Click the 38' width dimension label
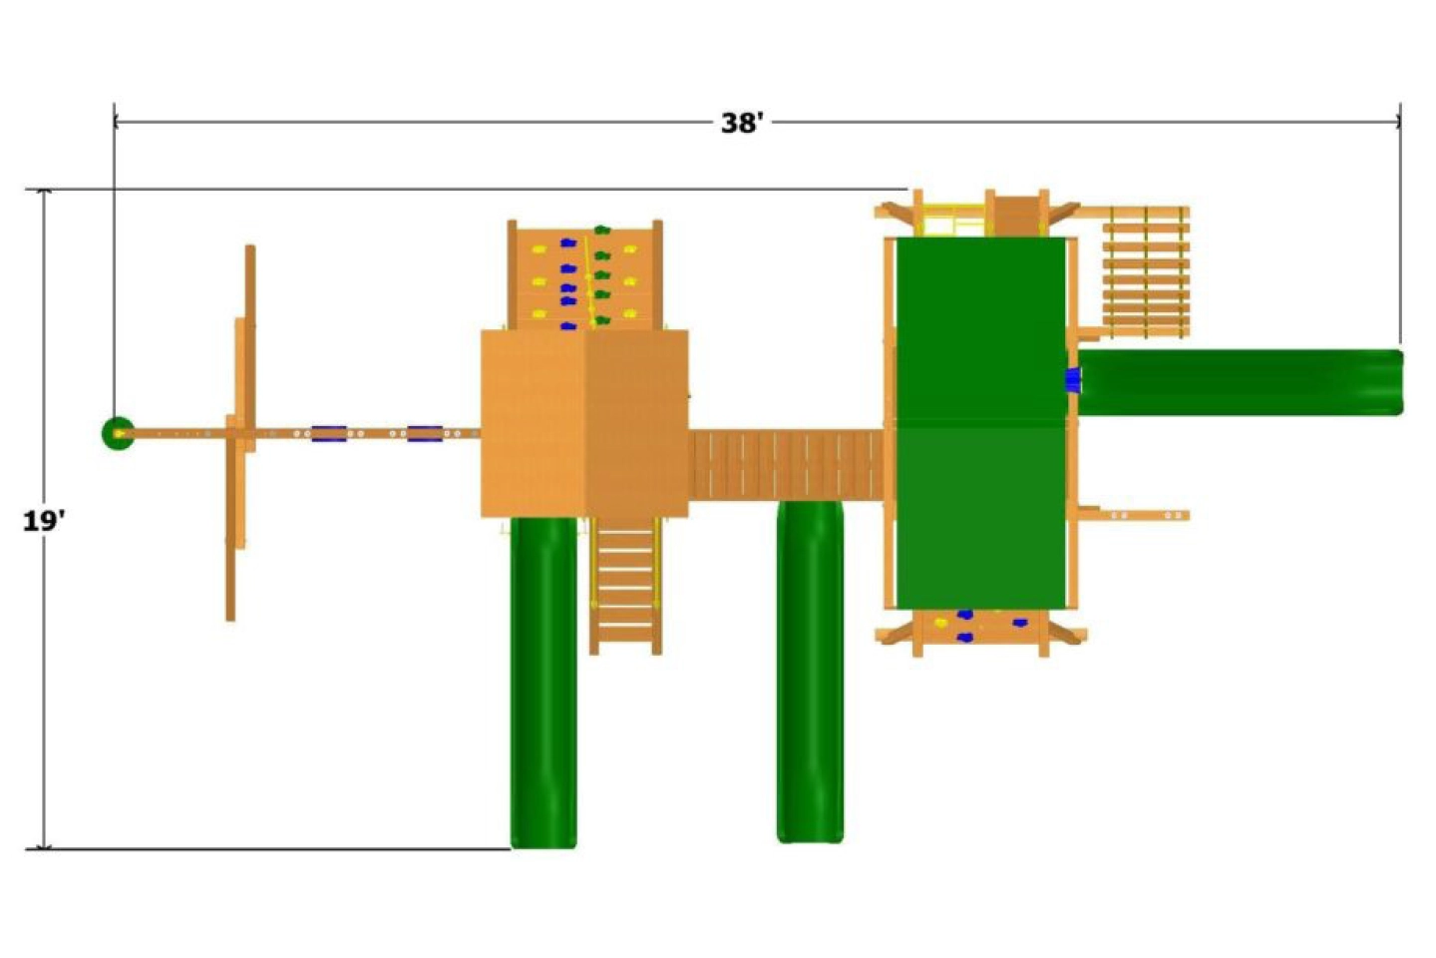(x=742, y=123)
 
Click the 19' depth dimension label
(x=44, y=521)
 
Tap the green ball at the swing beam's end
(x=118, y=433)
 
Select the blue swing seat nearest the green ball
(x=329, y=433)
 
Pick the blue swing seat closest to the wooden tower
(x=425, y=433)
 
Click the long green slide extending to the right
(x=1241, y=382)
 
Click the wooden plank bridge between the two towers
(x=786, y=464)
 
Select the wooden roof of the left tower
(x=584, y=423)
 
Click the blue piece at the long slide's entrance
(x=1073, y=380)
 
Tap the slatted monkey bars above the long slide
(x=1145, y=271)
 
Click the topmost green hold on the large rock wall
(x=601, y=231)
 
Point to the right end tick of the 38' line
(x=1399, y=122)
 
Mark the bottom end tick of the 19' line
(x=43, y=849)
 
